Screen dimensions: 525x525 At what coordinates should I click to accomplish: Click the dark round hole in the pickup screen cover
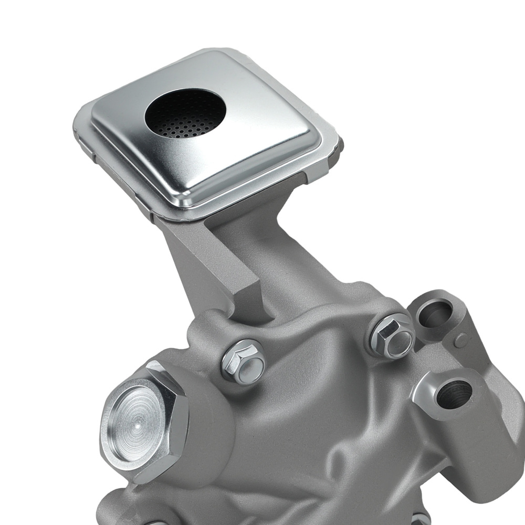(x=185, y=108)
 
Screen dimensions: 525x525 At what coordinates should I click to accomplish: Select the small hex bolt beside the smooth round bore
(x=391, y=336)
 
